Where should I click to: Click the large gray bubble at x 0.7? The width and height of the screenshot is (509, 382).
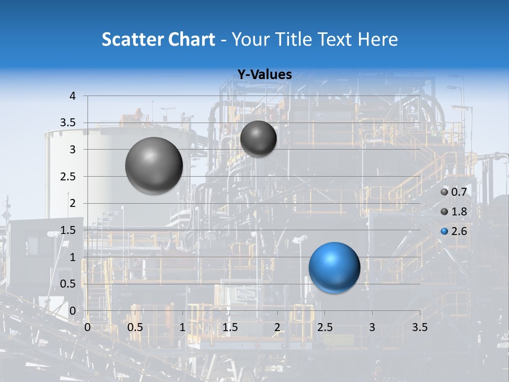pos(154,166)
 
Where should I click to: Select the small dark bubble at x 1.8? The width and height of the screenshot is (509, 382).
pos(258,138)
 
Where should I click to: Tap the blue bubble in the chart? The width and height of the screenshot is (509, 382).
pos(334,267)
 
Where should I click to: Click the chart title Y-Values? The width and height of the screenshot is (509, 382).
pos(264,75)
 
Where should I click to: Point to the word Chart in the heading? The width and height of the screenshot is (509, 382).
pos(191,39)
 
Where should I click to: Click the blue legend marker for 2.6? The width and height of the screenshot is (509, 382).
pos(444,231)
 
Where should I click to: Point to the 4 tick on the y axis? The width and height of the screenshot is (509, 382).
pos(73,96)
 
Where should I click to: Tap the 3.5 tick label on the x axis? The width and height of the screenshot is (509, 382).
pos(419,327)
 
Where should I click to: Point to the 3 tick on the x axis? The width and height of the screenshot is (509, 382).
pos(372,327)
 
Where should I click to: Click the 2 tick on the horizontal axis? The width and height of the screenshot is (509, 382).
pos(277,327)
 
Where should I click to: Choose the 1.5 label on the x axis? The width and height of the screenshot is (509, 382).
pos(230,327)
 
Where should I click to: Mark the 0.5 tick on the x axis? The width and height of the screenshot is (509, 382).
pos(135,327)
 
